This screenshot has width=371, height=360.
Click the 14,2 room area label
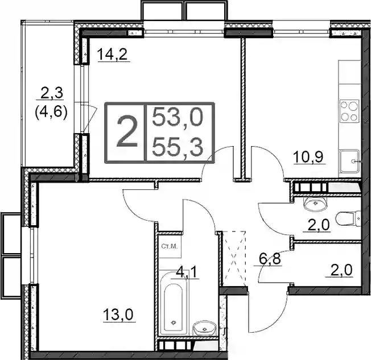(x=113, y=55)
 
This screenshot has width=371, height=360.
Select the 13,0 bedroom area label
(x=118, y=315)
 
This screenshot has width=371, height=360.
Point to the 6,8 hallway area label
(x=268, y=259)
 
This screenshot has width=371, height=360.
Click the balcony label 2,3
(x=52, y=93)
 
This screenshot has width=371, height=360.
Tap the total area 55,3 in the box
(x=178, y=147)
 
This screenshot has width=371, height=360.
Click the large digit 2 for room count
(x=127, y=132)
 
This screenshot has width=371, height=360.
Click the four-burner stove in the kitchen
(x=349, y=111)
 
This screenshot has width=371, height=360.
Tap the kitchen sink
(x=349, y=162)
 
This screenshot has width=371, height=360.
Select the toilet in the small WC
(x=348, y=220)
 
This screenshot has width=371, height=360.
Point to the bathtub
(x=174, y=304)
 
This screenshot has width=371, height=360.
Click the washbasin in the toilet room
(x=315, y=204)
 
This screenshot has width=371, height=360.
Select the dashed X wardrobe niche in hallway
(x=234, y=259)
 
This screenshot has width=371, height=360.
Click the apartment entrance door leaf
(x=249, y=313)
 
